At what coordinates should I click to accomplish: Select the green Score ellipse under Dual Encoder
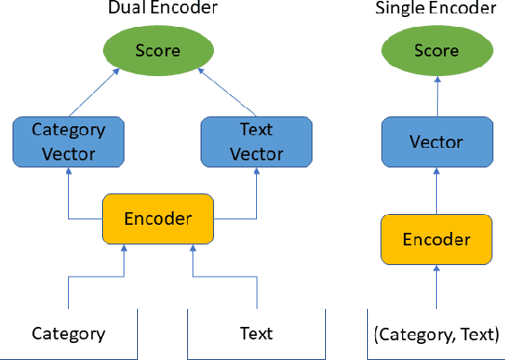158,51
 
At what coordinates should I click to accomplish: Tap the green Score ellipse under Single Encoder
437,51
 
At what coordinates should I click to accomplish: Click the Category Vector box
68,141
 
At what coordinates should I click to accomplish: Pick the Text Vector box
256,141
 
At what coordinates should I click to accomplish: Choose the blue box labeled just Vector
436,142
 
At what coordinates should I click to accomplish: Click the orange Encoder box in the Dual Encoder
158,218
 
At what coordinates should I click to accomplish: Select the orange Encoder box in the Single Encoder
436,239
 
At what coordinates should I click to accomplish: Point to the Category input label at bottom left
68,334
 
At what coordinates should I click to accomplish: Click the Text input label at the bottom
256,334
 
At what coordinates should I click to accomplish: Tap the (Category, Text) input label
436,334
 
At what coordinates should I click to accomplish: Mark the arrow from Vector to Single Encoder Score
437,96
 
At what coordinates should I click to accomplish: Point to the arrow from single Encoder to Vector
437,191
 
